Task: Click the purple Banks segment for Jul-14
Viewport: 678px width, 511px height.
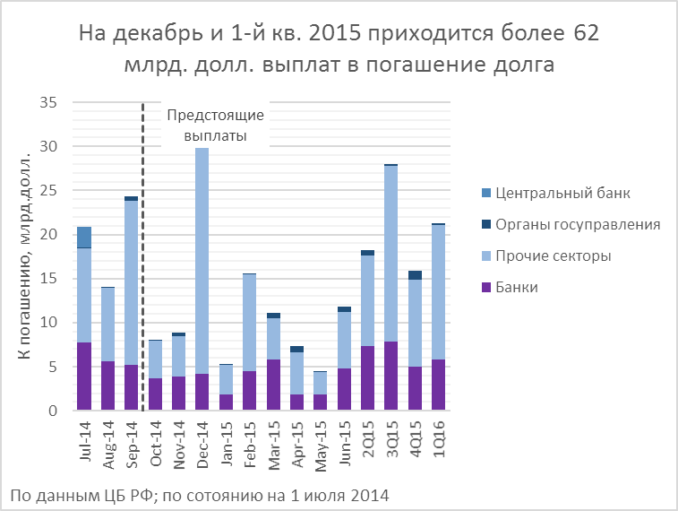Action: click(x=83, y=377)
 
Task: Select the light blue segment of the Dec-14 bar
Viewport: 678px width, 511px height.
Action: click(x=202, y=260)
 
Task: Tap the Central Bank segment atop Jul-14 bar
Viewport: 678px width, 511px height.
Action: click(x=83, y=238)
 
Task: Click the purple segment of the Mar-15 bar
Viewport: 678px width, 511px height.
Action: click(x=273, y=385)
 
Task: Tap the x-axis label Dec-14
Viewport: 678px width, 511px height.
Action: click(x=203, y=439)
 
